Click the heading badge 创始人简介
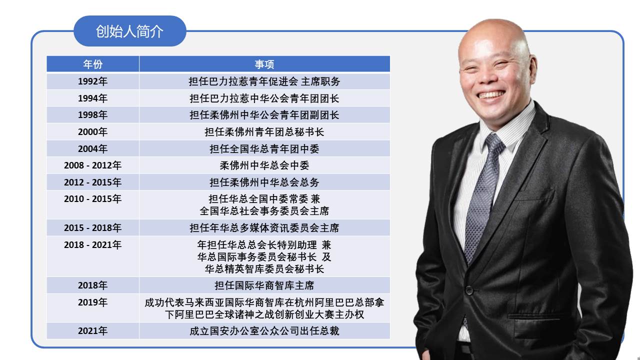(x=130, y=31)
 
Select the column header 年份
(x=93, y=64)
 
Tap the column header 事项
(x=264, y=64)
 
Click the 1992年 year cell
(x=93, y=81)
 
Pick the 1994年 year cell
(x=93, y=98)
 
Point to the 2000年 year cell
(x=93, y=131)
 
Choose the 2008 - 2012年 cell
(x=93, y=165)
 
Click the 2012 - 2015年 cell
(x=93, y=182)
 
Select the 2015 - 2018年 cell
(x=93, y=227)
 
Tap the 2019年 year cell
(x=93, y=308)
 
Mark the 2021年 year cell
(x=93, y=331)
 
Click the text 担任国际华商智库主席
(x=264, y=285)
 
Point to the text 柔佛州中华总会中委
(x=264, y=165)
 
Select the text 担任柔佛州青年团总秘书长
(x=264, y=132)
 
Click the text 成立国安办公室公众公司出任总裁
(x=264, y=331)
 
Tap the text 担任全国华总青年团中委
(x=264, y=149)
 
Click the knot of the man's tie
(x=494, y=143)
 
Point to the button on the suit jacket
(x=469, y=290)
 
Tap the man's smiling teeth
(x=491, y=94)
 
